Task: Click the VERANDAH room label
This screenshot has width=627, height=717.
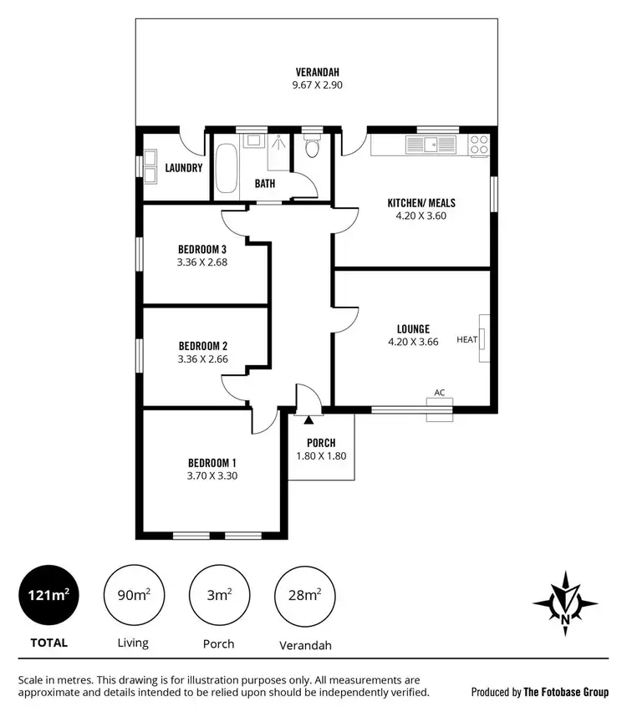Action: point(316,71)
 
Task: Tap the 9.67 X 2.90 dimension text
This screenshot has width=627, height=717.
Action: point(316,84)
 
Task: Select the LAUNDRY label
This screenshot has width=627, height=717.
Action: point(184,168)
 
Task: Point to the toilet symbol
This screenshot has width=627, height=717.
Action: point(313,149)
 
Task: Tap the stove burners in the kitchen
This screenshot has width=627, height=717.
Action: point(479,145)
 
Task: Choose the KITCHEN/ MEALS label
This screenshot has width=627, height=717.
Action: point(421,203)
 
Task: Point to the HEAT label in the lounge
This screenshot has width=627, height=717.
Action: point(466,339)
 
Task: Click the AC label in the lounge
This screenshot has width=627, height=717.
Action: point(440,393)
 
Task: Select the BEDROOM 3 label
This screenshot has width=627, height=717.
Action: point(202,248)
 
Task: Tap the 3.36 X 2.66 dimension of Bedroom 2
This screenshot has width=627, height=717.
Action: point(202,359)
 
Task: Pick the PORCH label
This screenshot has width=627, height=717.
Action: point(321,443)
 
